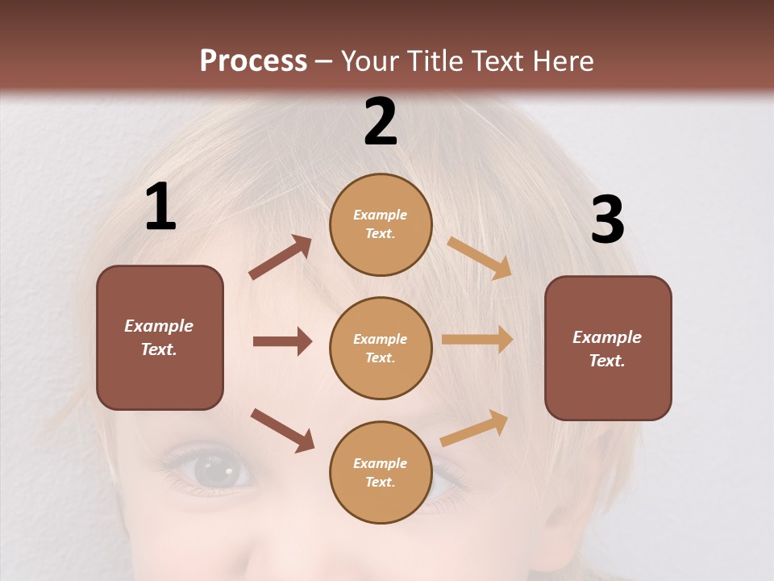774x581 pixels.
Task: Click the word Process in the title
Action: coord(253,61)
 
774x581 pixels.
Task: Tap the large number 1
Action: coord(160,207)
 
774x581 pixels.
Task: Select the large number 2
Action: coord(381,122)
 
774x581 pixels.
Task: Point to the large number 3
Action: coord(607,219)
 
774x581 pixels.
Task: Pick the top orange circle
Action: coord(381,224)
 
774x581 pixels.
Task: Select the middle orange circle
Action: coord(381,348)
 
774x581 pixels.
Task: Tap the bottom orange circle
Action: coord(381,472)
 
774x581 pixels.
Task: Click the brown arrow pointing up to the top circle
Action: coord(281,257)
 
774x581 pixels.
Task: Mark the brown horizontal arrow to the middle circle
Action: coord(282,341)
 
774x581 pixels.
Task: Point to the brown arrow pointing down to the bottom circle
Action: coord(282,430)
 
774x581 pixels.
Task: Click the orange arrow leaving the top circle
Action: coord(480,257)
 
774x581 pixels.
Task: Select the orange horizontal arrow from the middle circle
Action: coord(477,340)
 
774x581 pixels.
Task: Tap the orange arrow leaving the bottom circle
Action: coord(474,428)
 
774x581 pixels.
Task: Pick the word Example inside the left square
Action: coord(159,326)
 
